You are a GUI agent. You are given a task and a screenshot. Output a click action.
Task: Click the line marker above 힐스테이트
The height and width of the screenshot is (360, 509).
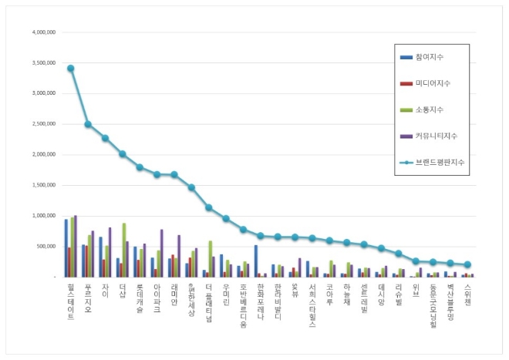71,68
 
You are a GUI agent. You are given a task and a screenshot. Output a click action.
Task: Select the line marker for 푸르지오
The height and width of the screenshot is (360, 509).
88,124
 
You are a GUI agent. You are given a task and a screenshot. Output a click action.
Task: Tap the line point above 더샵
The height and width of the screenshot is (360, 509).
123,154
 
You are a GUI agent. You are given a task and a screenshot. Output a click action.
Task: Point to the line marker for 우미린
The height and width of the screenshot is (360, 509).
226,218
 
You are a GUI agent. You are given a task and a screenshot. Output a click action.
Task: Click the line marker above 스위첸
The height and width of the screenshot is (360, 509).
467,264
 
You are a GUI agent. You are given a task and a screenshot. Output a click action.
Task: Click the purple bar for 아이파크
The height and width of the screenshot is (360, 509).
162,253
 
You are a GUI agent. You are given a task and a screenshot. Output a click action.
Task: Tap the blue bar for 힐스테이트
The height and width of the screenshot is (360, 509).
66,247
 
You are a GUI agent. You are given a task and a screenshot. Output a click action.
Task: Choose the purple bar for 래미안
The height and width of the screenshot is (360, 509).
179,256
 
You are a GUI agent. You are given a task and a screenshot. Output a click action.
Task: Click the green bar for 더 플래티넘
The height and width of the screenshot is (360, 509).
210,258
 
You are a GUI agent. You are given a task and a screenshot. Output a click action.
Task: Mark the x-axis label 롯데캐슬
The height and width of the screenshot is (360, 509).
140,301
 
